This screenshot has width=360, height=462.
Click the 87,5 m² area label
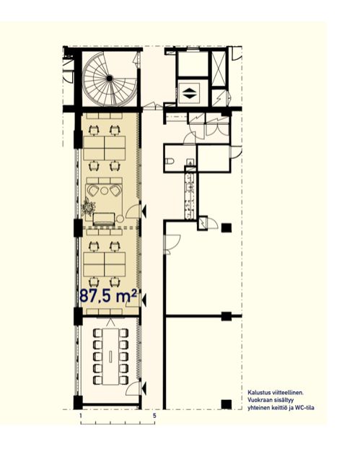tap(109, 296)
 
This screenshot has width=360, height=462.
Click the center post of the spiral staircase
tap(110, 79)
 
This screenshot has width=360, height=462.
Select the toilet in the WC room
tap(170, 161)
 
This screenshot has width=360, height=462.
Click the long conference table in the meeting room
tap(110, 357)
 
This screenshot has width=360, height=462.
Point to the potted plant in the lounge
tap(88, 206)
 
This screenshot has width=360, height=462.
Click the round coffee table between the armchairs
tap(104, 191)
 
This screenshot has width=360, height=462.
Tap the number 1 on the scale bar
tap(80, 416)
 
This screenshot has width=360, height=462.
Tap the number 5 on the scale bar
tap(154, 416)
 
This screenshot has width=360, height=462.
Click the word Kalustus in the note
tap(256, 393)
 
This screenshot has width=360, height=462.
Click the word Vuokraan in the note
tap(258, 400)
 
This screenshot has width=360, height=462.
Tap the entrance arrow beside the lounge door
tap(144, 211)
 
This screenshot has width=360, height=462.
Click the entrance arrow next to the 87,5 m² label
tap(144, 300)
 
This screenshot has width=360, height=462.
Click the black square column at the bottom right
tap(226, 404)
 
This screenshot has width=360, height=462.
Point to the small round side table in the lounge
tap(120, 219)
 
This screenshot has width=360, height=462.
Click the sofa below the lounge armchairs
tap(104, 219)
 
